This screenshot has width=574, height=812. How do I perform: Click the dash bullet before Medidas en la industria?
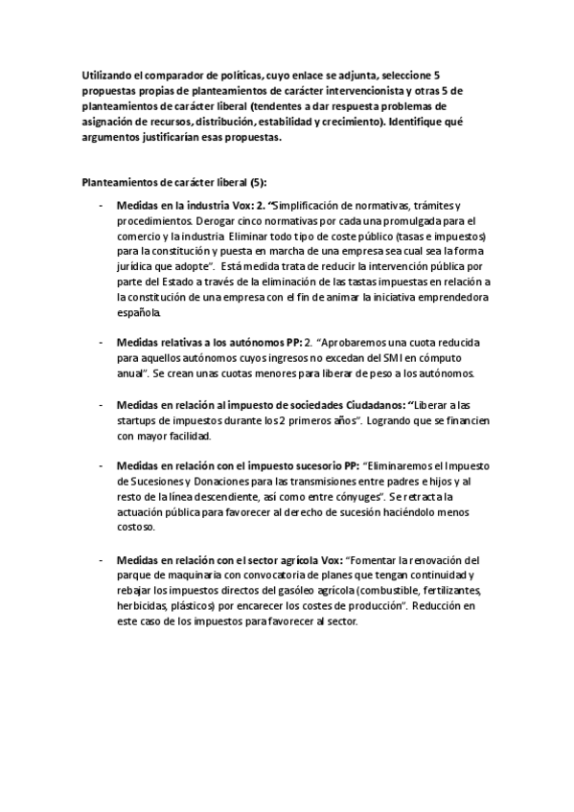click(x=101, y=207)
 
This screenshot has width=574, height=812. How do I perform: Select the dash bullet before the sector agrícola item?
click(x=101, y=560)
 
